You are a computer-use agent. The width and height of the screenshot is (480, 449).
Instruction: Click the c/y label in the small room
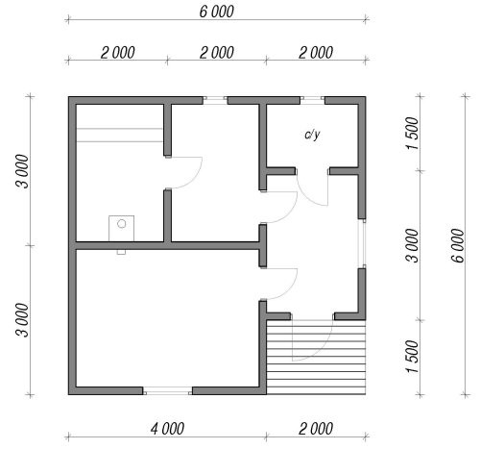[x=312, y=135]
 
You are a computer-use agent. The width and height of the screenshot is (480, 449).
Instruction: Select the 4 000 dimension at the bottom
[x=167, y=429]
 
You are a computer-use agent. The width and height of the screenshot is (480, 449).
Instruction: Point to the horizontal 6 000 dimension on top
[x=217, y=12]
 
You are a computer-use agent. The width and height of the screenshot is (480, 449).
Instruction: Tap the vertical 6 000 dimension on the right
[x=458, y=245]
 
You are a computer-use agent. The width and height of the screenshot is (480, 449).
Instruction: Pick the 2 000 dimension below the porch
[x=316, y=429]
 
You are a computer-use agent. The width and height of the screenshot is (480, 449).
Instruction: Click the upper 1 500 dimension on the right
[x=413, y=134]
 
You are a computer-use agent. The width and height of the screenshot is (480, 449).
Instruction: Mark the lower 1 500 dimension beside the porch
[x=413, y=357]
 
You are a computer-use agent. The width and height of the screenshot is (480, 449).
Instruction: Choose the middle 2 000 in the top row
[x=217, y=53]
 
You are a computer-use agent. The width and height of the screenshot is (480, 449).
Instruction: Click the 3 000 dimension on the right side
[x=413, y=245]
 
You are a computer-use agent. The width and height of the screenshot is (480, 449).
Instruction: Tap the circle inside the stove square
[x=122, y=224]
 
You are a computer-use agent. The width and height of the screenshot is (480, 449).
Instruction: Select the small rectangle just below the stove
[x=121, y=252]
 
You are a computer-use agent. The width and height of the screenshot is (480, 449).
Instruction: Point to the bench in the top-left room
[x=120, y=135]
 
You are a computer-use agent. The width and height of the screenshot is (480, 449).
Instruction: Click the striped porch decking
[x=316, y=357]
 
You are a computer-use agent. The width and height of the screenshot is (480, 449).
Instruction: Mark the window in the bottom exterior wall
[x=167, y=390]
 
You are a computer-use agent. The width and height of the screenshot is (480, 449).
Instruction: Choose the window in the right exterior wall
[x=363, y=243]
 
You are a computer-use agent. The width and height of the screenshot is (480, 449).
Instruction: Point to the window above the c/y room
[x=312, y=100]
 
